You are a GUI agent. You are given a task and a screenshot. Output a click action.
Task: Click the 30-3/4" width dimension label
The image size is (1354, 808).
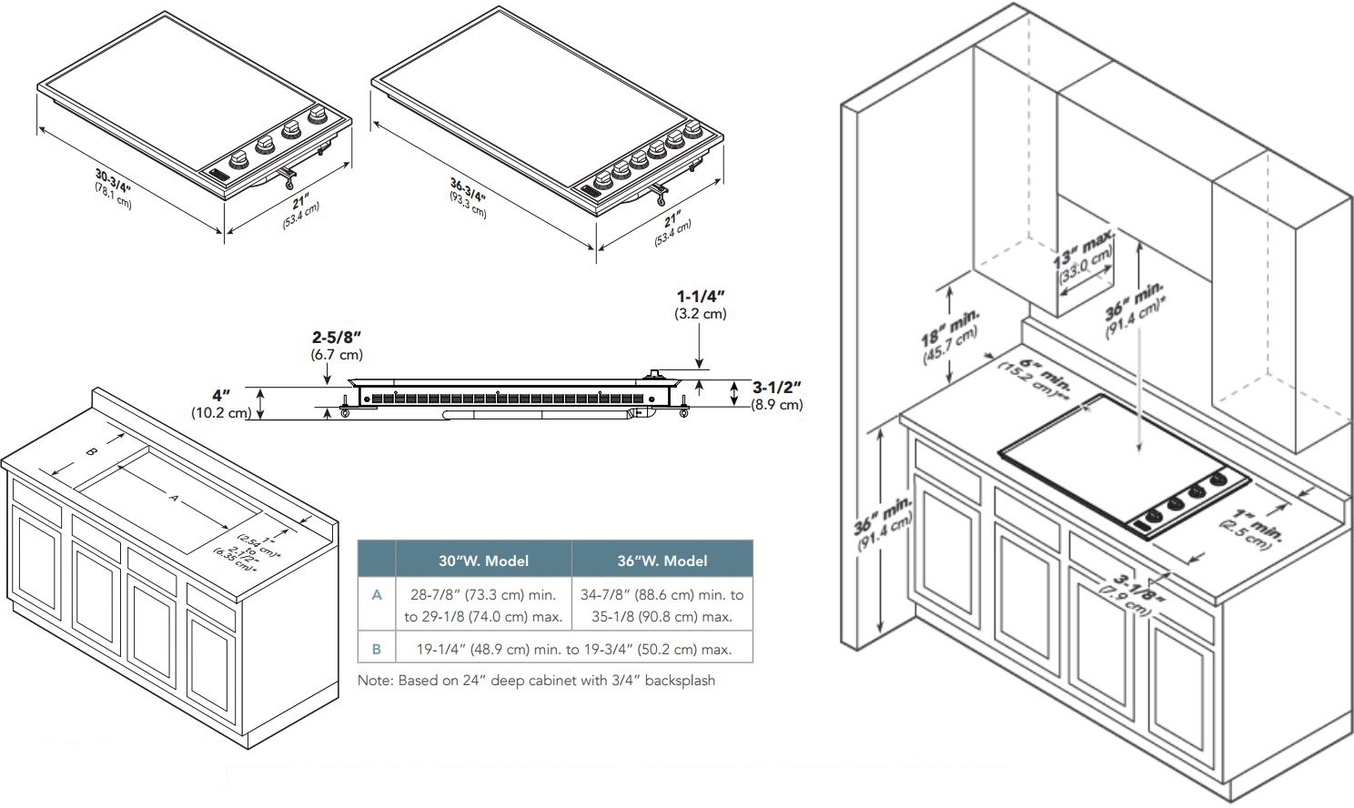[x=113, y=188]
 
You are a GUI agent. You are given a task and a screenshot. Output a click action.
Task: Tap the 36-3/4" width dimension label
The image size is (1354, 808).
[x=468, y=197]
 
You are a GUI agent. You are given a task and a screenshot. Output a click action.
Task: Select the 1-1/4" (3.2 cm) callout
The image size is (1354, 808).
[x=701, y=305]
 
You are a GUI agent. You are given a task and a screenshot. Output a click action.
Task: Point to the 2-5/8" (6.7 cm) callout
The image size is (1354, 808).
[x=337, y=346]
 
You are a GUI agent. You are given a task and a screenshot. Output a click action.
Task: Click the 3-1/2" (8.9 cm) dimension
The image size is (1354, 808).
[x=777, y=396]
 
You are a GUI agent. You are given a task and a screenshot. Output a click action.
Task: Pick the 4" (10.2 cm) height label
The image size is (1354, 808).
[x=220, y=404]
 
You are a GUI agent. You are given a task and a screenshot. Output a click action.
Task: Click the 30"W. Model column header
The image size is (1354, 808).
[x=483, y=561]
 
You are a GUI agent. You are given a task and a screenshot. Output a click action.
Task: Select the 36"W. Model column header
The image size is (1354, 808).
[x=662, y=561]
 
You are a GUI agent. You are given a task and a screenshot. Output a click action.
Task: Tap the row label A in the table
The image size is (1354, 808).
[x=377, y=595]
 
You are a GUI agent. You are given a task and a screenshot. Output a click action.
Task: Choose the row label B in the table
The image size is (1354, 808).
[x=377, y=649]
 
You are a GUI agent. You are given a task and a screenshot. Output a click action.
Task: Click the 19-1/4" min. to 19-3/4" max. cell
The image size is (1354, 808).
[x=573, y=650]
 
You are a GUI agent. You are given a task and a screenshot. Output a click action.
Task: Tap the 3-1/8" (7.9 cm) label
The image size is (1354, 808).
[x=1131, y=594]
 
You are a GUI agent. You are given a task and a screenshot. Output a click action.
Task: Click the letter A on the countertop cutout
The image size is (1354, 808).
[x=174, y=498]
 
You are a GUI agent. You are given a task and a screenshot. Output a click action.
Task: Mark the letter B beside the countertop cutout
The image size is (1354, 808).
[x=91, y=452]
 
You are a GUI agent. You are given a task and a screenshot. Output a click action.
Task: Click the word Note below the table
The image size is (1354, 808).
[x=374, y=681]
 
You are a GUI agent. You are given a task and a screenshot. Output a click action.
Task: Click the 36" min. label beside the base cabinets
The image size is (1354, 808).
[x=883, y=523]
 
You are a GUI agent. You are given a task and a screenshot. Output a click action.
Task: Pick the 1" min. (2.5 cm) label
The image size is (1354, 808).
[x=1252, y=530]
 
